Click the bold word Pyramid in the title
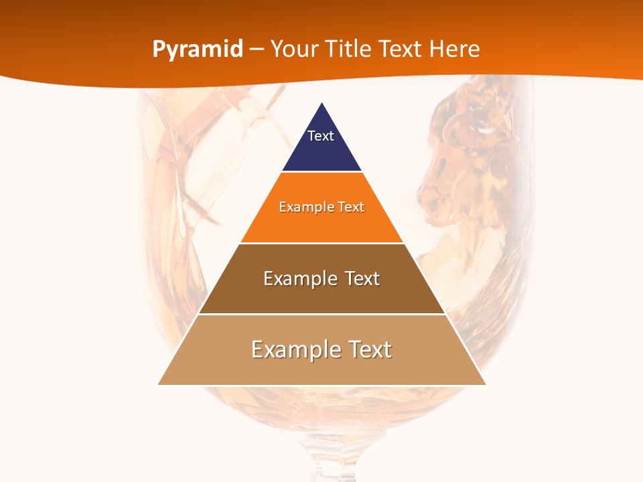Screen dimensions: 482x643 (197, 50)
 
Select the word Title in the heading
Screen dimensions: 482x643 (348, 49)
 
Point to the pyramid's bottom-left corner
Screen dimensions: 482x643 (159, 384)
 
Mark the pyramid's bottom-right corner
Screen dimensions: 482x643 (485, 384)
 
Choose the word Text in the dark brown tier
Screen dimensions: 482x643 (360, 278)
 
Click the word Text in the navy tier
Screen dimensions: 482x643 (320, 136)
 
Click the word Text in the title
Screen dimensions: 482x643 (401, 49)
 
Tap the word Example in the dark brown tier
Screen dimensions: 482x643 (298, 278)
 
